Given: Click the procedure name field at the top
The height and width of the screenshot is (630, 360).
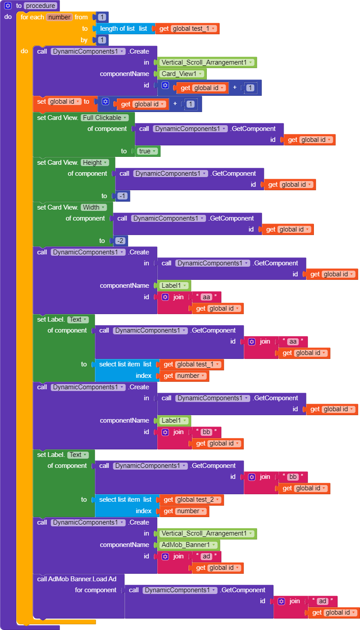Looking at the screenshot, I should [41, 6].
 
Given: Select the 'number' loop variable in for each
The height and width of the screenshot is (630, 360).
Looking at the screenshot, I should [59, 17].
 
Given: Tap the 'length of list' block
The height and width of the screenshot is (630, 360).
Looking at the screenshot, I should [117, 29].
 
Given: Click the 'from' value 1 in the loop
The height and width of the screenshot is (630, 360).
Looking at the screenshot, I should [102, 17].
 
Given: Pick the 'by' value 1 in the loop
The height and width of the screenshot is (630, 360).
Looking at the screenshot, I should [102, 40].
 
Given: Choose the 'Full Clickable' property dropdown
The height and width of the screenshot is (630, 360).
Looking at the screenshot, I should [104, 118].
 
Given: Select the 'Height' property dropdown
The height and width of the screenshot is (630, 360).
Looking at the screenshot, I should [94, 163].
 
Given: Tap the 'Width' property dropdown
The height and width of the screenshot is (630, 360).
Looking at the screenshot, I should [94, 207].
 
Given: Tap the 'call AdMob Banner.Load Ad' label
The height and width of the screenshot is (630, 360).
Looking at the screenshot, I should [76, 579].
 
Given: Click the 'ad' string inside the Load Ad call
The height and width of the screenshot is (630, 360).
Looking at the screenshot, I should [323, 601].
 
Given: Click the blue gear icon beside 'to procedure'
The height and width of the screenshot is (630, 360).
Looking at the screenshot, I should [7, 6].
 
